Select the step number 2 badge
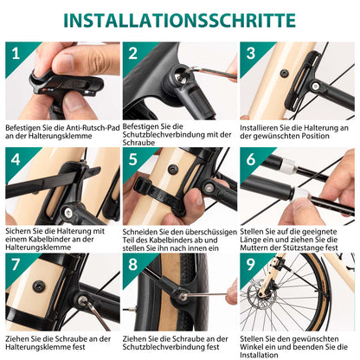coord(133,53)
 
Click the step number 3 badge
coord(250,53)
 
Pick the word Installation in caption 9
coord(261,355)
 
